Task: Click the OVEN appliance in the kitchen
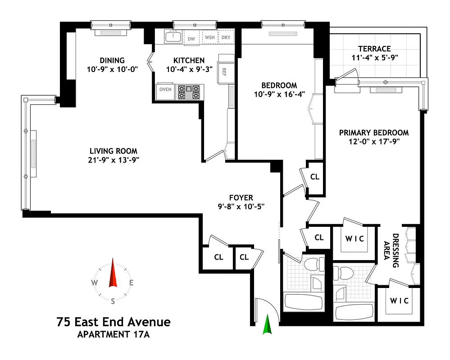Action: coord(165,89)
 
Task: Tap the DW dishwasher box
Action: coord(191,38)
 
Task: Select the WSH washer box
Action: coord(209,38)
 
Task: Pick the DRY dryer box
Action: coord(226,38)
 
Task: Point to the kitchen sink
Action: coord(173,36)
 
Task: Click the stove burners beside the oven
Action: coord(189,92)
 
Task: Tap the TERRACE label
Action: coord(374,49)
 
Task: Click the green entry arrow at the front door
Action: coord(268,325)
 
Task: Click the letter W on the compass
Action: coord(95,283)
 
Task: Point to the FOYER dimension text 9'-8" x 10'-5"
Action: coord(241,207)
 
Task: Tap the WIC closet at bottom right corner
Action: coord(400,301)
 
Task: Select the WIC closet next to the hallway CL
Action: coord(355,238)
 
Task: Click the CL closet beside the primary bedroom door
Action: coord(315,177)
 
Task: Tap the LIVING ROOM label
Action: coord(113,151)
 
